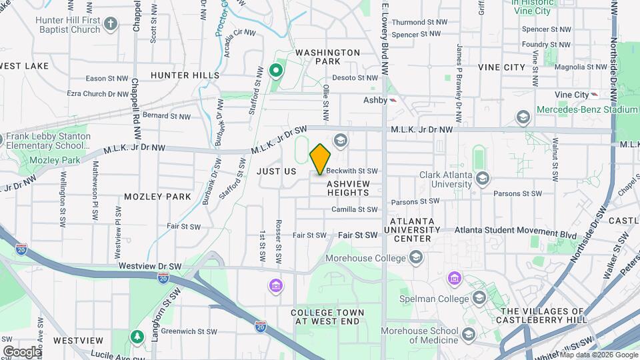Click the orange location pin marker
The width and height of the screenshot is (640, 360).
click(x=320, y=159)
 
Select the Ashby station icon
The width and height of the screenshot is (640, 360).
click(x=394, y=100)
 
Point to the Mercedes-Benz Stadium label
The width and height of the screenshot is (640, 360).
click(x=587, y=109)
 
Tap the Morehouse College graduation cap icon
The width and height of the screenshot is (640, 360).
click(x=417, y=257)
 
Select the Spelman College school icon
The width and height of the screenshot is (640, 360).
click(x=479, y=297)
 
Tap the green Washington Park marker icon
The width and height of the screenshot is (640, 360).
click(x=275, y=70)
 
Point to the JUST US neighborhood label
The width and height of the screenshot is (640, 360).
click(x=276, y=171)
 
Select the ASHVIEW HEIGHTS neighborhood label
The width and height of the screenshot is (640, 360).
click(x=348, y=187)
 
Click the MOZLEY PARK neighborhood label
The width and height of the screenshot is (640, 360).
click(x=157, y=197)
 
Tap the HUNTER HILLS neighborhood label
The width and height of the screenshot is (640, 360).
click(x=185, y=75)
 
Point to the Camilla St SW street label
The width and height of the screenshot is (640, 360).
click(x=355, y=209)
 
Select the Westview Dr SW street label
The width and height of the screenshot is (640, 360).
click(x=141, y=265)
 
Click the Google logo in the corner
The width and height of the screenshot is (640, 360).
click(x=22, y=352)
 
